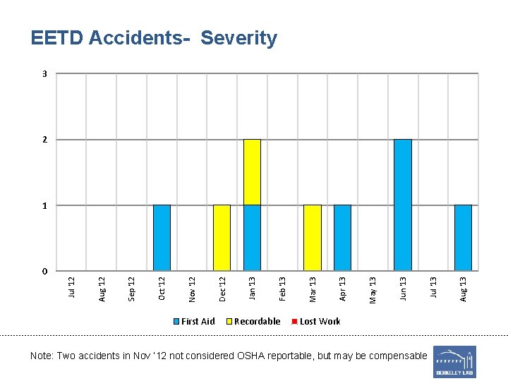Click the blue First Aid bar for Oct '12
pyautogui.click(x=162, y=238)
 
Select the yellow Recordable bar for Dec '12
pyautogui.click(x=222, y=238)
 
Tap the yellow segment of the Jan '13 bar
pyautogui.click(x=252, y=172)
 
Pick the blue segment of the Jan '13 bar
pyautogui.click(x=252, y=238)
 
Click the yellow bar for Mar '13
pyautogui.click(x=313, y=238)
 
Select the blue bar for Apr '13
pyautogui.click(x=342, y=238)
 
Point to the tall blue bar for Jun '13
pyautogui.click(x=403, y=205)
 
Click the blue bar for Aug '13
pyautogui.click(x=463, y=238)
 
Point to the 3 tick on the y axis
pyautogui.click(x=45, y=73)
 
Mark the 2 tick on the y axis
pyautogui.click(x=45, y=140)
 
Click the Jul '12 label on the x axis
pyautogui.click(x=71, y=288)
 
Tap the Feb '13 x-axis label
pyautogui.click(x=282, y=289)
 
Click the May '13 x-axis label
pyautogui.click(x=373, y=290)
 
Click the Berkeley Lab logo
pyautogui.click(x=454, y=361)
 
